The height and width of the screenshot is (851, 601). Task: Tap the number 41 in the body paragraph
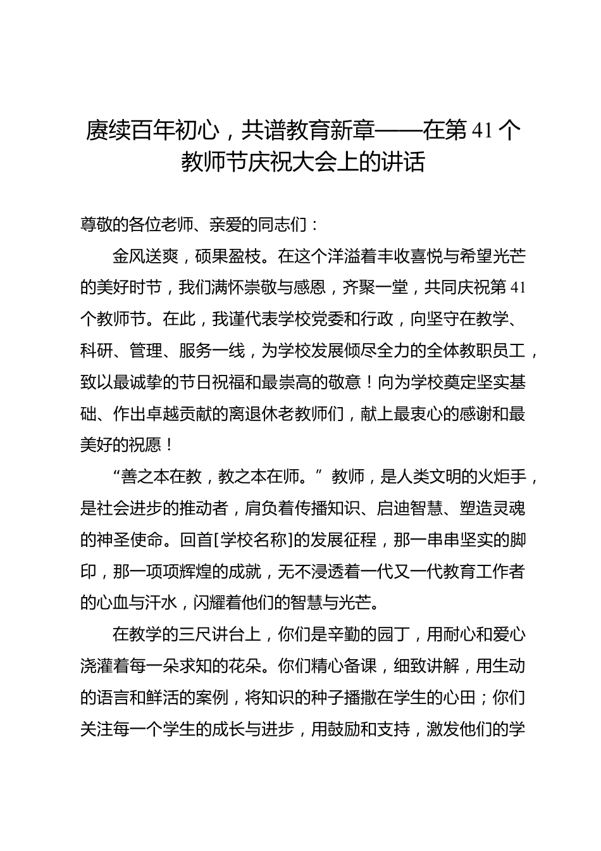click(x=517, y=288)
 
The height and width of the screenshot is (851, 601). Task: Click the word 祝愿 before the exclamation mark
click(x=146, y=445)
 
